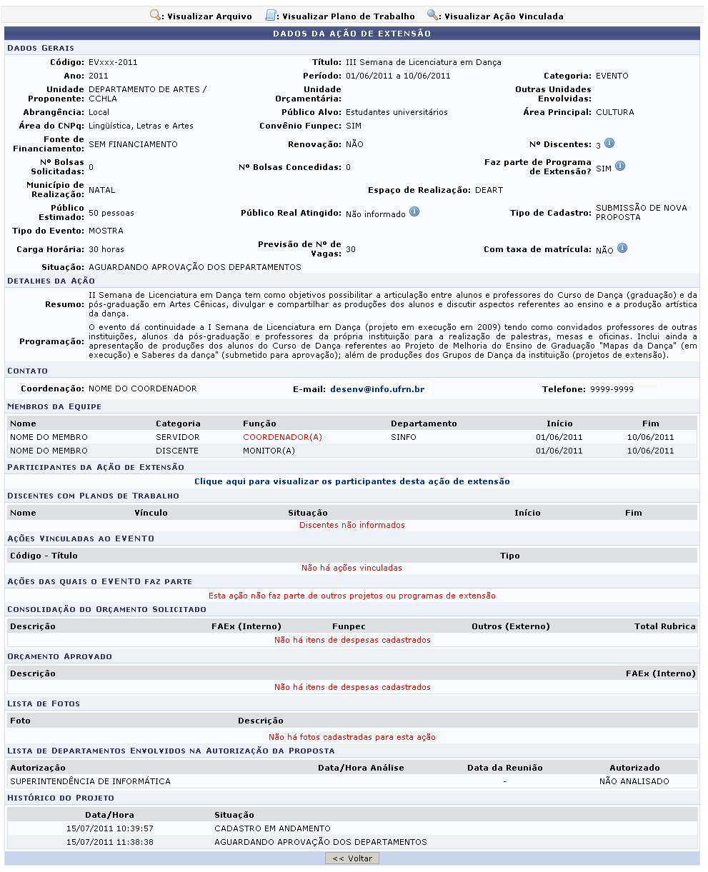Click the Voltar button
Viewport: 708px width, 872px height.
click(352, 858)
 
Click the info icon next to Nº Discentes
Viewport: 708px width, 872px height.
click(609, 144)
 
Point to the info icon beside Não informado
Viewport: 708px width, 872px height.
click(414, 213)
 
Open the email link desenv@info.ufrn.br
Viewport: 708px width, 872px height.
click(377, 389)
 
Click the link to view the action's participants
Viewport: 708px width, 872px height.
click(352, 481)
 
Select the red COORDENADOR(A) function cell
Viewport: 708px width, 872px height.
click(282, 437)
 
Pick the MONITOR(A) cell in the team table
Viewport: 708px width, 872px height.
click(269, 451)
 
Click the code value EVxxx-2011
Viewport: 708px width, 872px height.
click(113, 62)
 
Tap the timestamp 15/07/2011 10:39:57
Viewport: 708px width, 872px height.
click(109, 828)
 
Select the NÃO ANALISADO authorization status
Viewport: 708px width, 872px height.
click(634, 781)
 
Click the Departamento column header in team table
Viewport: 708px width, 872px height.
click(424, 424)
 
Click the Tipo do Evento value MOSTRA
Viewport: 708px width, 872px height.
click(106, 231)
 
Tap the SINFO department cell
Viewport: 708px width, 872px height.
click(404, 437)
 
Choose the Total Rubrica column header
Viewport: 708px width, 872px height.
click(664, 626)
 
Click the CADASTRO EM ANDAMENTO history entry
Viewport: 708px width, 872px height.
click(272, 828)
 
